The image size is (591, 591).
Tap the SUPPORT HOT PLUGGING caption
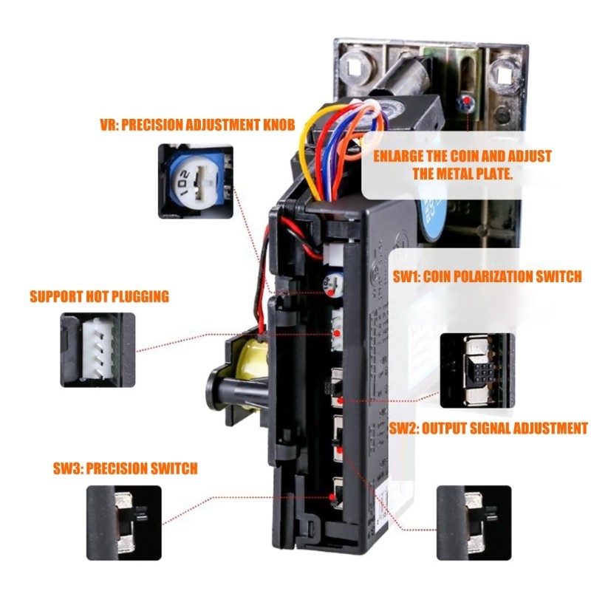99,297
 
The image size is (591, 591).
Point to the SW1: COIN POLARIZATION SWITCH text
487,276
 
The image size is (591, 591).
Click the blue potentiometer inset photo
196,181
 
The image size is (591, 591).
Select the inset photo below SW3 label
123,522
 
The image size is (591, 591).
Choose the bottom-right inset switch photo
473,522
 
